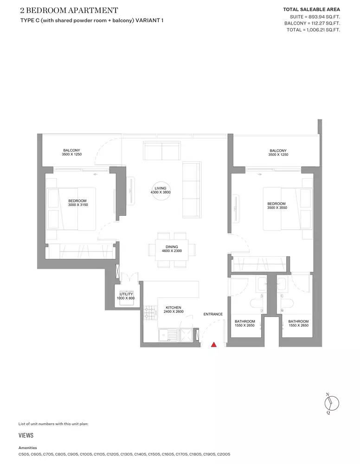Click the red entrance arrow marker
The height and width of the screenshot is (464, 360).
tap(213, 344)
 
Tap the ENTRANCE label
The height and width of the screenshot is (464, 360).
tap(213, 314)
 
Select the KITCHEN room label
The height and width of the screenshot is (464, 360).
tap(174, 308)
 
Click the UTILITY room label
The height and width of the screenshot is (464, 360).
tap(126, 294)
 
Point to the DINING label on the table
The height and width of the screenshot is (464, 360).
tap(172, 247)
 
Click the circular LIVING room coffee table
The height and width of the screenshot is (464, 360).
tap(161, 191)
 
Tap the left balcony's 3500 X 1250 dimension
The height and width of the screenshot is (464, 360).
tap(72, 155)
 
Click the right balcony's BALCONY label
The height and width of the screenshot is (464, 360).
tap(278, 151)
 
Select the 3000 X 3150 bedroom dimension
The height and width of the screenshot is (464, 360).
tap(78, 205)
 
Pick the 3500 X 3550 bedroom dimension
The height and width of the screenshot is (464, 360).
tap(277, 208)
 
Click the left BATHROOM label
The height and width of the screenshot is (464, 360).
tap(245, 322)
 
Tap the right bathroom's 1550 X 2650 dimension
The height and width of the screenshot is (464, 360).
tap(298, 326)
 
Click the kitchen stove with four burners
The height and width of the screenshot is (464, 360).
tap(150, 312)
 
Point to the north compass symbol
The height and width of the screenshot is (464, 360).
tap(331, 403)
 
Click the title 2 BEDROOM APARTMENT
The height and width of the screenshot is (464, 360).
tap(69, 11)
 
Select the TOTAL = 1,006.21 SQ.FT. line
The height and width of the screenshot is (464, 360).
tap(313, 30)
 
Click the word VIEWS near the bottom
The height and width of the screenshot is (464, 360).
tap(26, 435)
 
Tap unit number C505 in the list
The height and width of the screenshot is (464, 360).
tap(24, 454)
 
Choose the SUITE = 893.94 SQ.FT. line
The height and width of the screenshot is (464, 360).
tap(315, 17)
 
